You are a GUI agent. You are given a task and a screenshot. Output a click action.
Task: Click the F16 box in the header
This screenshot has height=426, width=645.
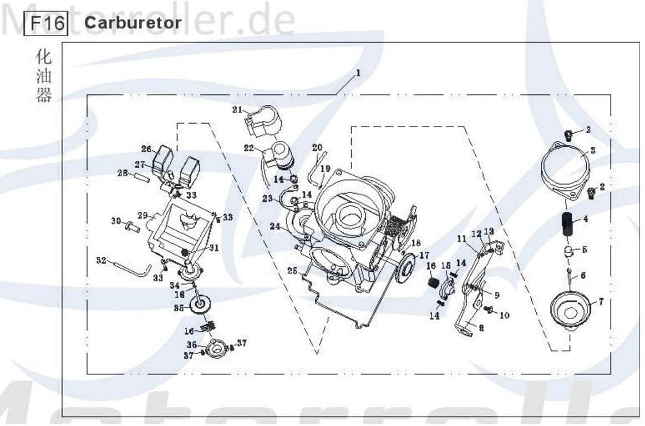(x=47, y=23)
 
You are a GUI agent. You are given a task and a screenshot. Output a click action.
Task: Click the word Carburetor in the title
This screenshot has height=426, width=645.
(x=133, y=23)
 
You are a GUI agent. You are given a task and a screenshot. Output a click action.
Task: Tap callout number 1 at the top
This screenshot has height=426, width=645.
(x=358, y=73)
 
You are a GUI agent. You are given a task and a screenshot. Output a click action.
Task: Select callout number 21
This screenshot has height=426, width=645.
(x=237, y=110)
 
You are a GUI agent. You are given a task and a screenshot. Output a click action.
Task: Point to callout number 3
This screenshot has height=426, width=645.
(x=593, y=150)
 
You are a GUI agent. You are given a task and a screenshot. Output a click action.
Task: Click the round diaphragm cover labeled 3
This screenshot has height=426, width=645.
(x=565, y=167)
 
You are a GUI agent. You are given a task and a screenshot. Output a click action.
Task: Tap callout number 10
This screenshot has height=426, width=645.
(x=504, y=315)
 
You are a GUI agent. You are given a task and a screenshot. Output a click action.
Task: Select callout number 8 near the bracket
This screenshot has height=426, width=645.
(x=481, y=328)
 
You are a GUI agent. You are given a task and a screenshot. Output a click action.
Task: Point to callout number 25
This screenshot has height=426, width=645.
(x=292, y=270)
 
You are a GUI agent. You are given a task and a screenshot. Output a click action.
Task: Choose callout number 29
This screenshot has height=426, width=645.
(x=143, y=215)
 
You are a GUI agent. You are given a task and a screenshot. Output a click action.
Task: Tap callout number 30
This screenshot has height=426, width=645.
(x=115, y=221)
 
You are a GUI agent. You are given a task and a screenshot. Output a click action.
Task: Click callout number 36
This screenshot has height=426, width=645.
(x=191, y=344)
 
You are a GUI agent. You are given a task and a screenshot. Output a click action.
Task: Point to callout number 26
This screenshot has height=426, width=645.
(x=146, y=149)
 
